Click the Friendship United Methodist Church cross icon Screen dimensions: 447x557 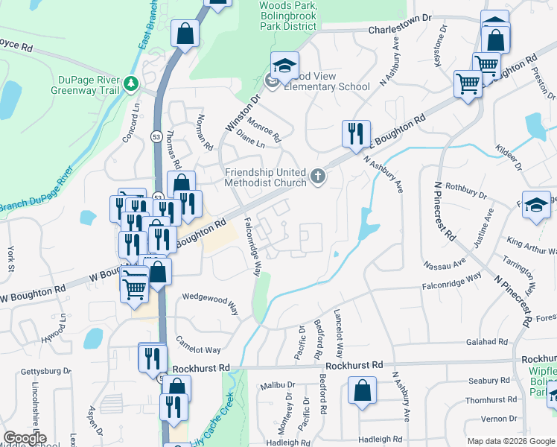coord(318,177)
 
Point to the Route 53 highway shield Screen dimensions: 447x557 coord(156,136)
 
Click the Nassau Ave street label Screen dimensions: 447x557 coord(444,263)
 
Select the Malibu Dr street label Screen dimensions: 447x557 coord(278,386)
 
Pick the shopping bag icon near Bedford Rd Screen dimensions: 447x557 coord(362,390)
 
